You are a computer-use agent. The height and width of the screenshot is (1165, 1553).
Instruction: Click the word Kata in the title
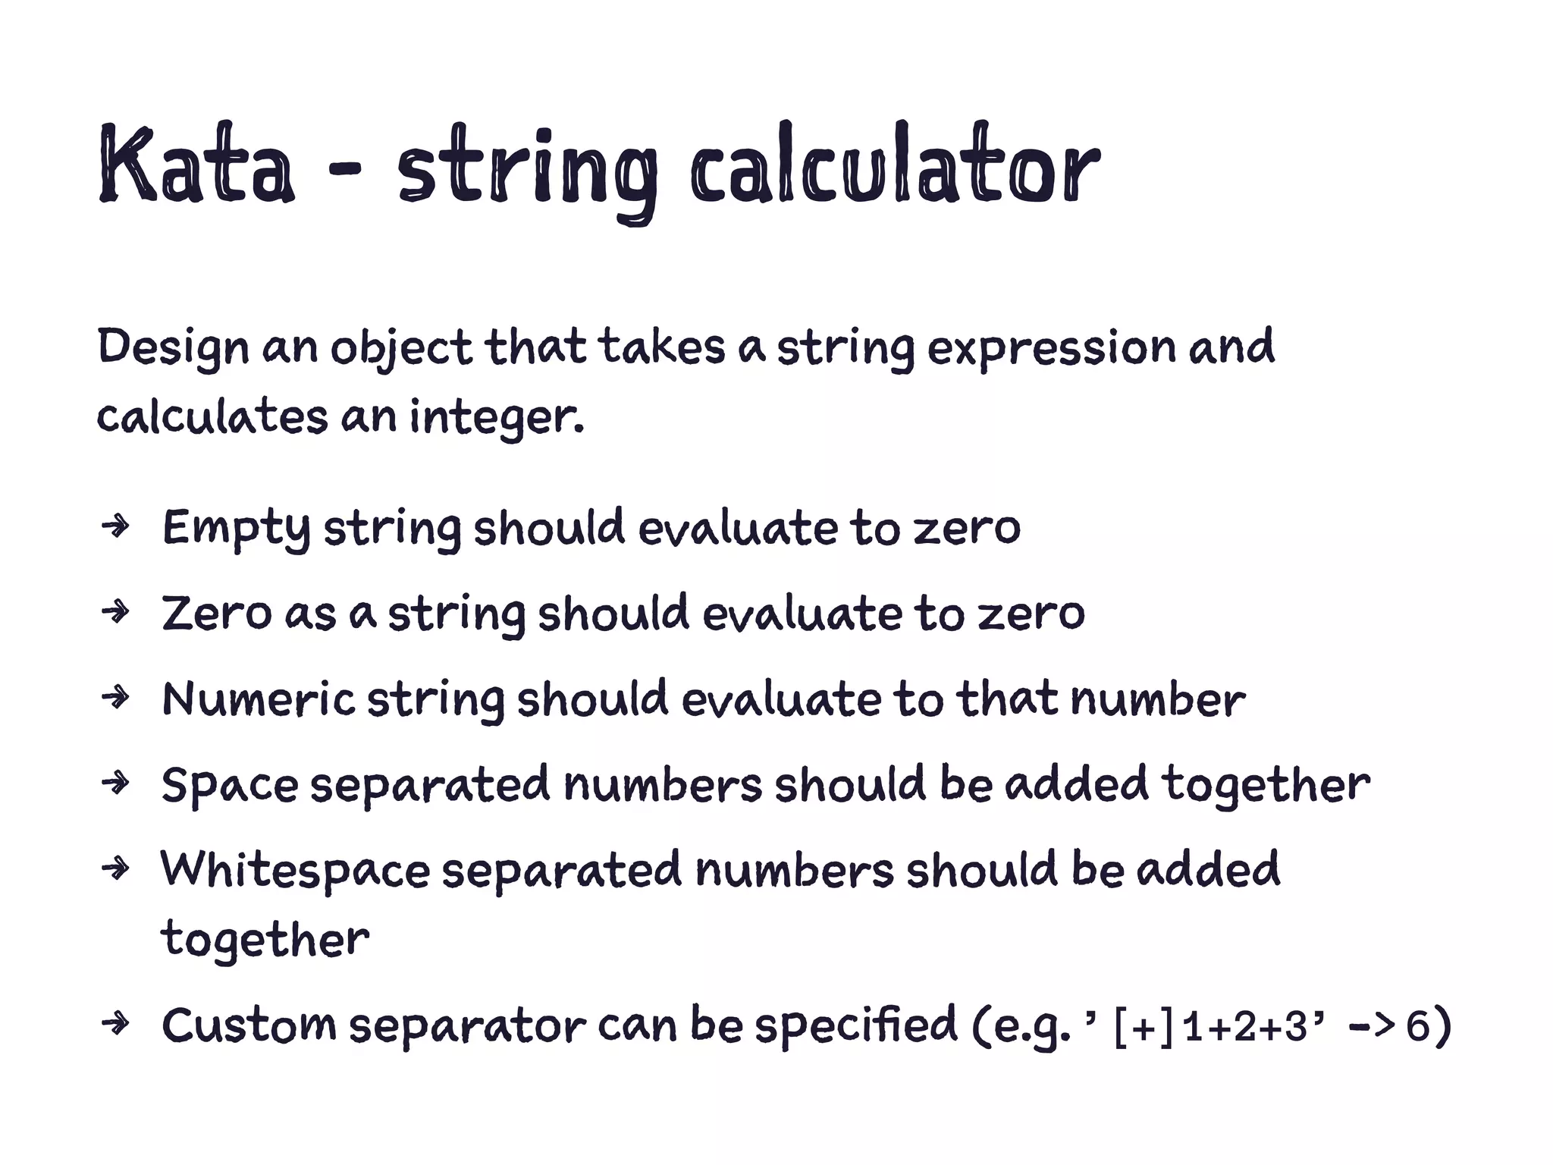click(196, 165)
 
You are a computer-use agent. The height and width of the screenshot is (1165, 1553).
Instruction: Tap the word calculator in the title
click(894, 165)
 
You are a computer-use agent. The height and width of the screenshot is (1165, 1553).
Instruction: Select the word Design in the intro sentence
click(173, 348)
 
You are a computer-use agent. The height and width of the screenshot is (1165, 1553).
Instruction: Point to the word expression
click(1051, 348)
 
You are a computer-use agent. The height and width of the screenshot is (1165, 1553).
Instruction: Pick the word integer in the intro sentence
click(496, 418)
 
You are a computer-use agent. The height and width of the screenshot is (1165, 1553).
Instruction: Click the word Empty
click(236, 529)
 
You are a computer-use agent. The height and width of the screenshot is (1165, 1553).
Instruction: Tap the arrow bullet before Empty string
click(116, 526)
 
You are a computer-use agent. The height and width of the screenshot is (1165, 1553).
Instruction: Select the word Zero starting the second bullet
click(216, 613)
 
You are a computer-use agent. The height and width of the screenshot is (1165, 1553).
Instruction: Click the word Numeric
click(258, 699)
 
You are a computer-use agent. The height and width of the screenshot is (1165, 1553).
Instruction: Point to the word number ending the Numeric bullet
click(1157, 699)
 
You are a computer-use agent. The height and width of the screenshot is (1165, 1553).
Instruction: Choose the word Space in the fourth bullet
click(230, 785)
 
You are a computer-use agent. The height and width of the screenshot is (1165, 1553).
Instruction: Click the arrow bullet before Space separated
click(116, 782)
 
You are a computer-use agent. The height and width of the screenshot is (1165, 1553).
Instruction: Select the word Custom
click(248, 1025)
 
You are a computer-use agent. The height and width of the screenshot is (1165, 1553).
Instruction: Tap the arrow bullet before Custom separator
click(116, 1025)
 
